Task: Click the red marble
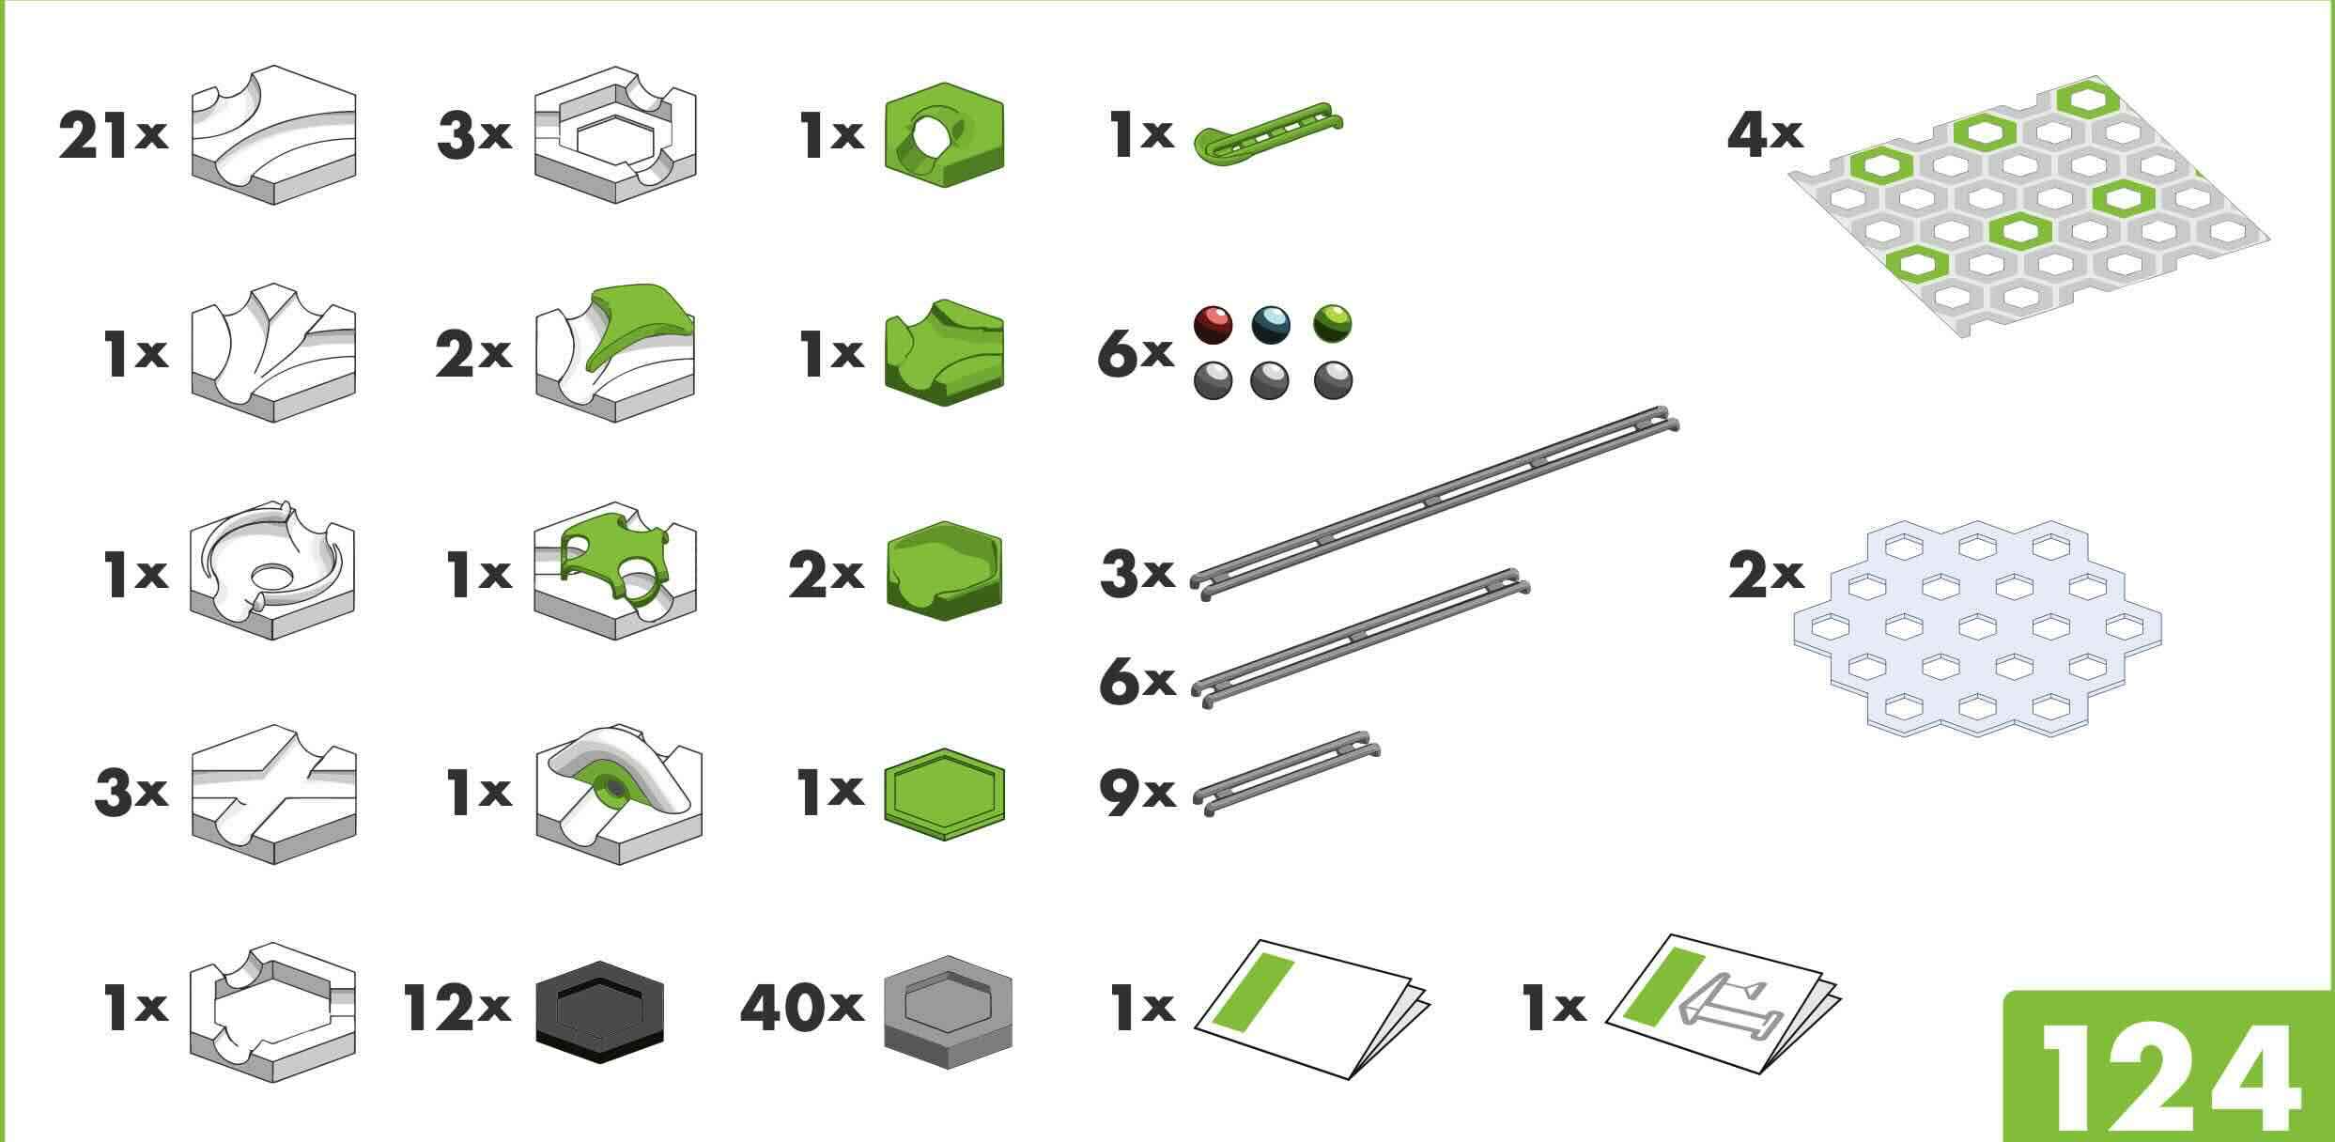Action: [x=1213, y=325]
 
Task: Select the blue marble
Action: [x=1272, y=325]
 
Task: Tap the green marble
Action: [x=1332, y=325]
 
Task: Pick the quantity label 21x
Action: [x=114, y=135]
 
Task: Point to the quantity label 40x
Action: [x=801, y=1008]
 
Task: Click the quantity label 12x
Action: [x=457, y=1008]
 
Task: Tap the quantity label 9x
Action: [x=1137, y=791]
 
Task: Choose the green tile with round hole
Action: [x=945, y=133]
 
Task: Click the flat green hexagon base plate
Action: [x=945, y=793]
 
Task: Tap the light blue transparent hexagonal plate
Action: [x=1977, y=627]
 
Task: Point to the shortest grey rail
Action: [x=1287, y=771]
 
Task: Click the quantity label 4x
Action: [x=1765, y=135]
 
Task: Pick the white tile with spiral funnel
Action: [x=272, y=571]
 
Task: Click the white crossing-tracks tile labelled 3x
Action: [x=273, y=795]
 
